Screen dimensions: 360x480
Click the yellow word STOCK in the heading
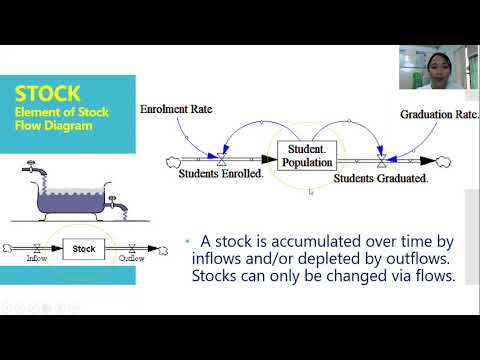click(x=48, y=93)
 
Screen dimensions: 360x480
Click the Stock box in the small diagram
click(x=85, y=248)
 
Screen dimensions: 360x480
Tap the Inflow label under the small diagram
click(x=37, y=259)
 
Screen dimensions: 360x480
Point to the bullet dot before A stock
click(x=188, y=241)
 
